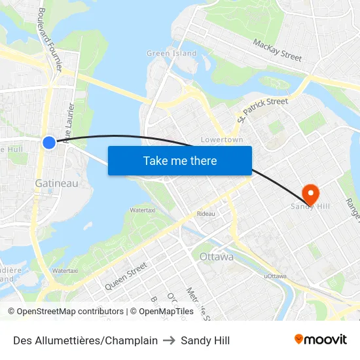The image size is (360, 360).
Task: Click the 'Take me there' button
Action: [x=180, y=161]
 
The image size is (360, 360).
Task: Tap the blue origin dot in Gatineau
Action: [x=49, y=142]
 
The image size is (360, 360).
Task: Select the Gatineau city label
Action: [x=56, y=183]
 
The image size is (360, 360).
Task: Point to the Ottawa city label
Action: [x=216, y=257]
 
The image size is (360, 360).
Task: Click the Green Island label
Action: [x=171, y=53]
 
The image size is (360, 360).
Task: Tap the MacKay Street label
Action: [x=278, y=50]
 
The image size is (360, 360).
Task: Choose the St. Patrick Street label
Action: [x=262, y=110]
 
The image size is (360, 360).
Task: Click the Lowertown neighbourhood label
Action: [x=222, y=139]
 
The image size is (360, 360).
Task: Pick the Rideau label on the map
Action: [x=206, y=214]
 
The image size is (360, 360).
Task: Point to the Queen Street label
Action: [x=126, y=274]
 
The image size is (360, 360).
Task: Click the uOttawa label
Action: [x=275, y=277]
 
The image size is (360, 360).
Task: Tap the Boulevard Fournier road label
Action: [x=50, y=39]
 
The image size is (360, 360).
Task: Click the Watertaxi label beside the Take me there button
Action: [x=142, y=210]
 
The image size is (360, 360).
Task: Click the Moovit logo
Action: [x=320, y=340]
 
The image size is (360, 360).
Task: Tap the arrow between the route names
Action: [x=170, y=340]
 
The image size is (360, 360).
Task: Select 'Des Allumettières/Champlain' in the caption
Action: [x=85, y=340]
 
